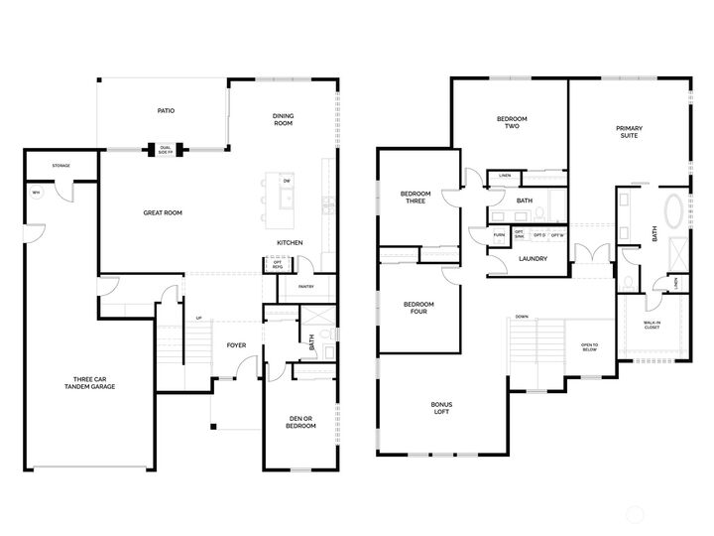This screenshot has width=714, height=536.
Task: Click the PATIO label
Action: (x=166, y=112)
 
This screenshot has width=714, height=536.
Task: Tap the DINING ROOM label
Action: (x=284, y=120)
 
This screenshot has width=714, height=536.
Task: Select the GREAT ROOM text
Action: (x=163, y=211)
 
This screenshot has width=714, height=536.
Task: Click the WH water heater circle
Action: (x=37, y=194)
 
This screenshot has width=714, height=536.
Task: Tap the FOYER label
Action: (x=236, y=345)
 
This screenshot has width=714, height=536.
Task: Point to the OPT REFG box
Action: (x=277, y=265)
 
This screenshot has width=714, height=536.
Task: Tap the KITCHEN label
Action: (x=290, y=243)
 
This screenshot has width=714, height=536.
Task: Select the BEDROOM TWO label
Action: (x=512, y=123)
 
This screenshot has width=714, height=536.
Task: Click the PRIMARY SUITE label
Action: (x=628, y=131)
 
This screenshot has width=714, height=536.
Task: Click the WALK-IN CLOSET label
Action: (x=651, y=326)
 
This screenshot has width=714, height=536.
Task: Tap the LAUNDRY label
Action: (x=534, y=259)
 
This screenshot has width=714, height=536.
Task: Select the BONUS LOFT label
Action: (x=442, y=408)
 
